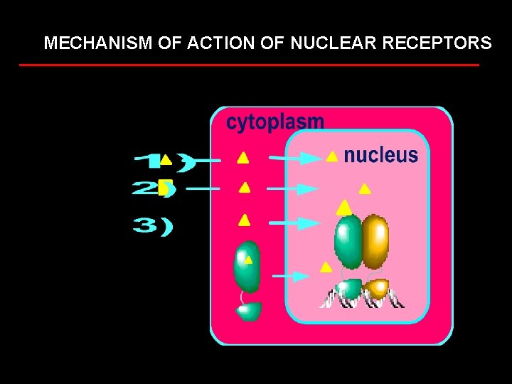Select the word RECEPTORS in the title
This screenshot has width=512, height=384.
click(437, 43)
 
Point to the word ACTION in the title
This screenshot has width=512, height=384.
click(222, 43)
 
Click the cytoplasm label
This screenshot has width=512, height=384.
click(274, 122)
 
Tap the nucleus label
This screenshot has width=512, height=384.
click(380, 156)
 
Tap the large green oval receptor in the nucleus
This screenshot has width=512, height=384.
click(348, 240)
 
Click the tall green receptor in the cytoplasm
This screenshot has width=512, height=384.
click(247, 267)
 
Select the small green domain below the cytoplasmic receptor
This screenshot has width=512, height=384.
click(249, 311)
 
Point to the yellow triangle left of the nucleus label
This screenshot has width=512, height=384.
click(331, 156)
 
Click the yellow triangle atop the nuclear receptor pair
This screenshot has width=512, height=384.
click(344, 207)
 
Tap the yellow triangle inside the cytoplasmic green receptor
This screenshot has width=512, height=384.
click(248, 259)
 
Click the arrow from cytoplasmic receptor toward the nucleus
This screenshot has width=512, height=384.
click(292, 276)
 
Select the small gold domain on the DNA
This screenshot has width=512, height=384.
click(377, 289)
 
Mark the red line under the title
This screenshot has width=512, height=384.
click(249, 65)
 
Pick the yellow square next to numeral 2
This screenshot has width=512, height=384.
click(165, 188)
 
